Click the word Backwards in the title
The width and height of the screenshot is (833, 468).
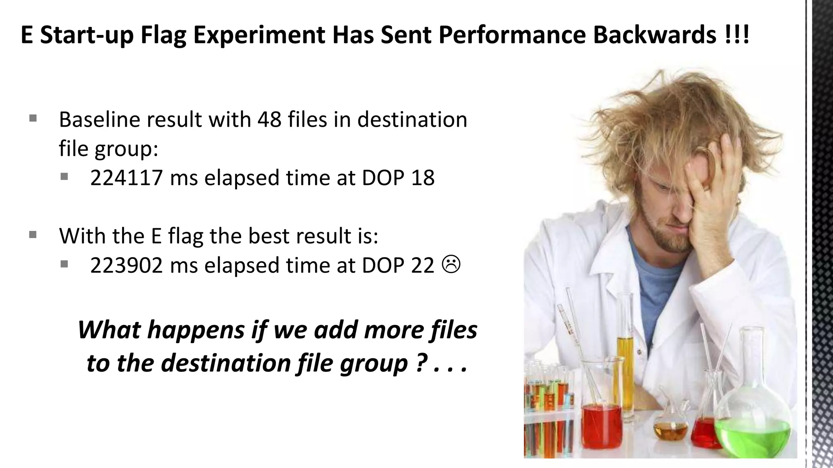pyautogui.click(x=654, y=35)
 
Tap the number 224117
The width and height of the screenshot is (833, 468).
pyautogui.click(x=126, y=178)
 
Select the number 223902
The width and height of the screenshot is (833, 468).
pyautogui.click(x=126, y=265)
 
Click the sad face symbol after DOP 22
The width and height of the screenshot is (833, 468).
pyautogui.click(x=451, y=264)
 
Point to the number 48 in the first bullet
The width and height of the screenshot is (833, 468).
pyautogui.click(x=269, y=119)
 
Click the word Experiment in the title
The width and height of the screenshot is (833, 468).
pyautogui.click(x=259, y=35)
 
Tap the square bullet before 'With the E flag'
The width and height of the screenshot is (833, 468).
pyautogui.click(x=33, y=235)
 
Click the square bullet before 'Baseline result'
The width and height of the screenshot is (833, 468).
pyautogui.click(x=33, y=119)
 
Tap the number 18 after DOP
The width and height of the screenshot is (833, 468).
pyautogui.click(x=423, y=178)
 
